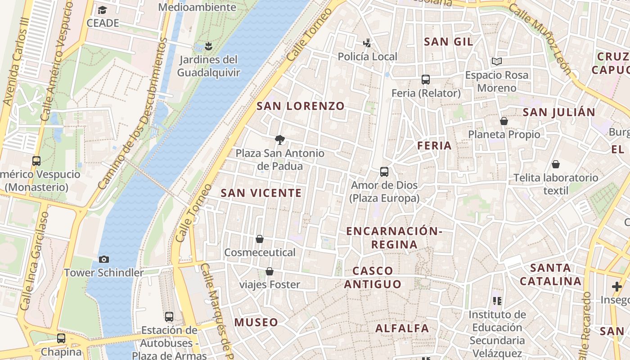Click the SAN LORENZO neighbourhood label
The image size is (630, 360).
tap(301, 106)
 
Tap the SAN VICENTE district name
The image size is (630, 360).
tap(261, 193)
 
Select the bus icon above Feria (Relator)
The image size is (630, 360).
tap(426, 80)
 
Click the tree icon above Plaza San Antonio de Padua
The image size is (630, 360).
tap(280, 139)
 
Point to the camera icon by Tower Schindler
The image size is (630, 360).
tap(104, 259)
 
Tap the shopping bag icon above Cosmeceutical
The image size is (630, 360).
tap(260, 239)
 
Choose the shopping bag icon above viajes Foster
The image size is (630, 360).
tap(270, 271)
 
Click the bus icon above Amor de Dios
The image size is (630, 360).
tap(384, 171)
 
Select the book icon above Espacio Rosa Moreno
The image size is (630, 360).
tap(497, 61)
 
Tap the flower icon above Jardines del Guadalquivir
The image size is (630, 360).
tap(208, 45)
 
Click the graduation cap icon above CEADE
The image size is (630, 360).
tap(103, 10)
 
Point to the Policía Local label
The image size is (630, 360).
tap(367, 57)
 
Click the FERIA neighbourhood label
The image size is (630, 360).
tap(434, 145)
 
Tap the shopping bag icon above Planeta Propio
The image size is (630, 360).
tap(504, 121)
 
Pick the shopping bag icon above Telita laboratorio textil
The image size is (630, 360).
tap(556, 164)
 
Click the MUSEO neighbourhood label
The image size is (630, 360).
tap(256, 322)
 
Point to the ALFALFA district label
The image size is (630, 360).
tap(402, 328)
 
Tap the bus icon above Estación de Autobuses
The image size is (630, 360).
tap(169, 317)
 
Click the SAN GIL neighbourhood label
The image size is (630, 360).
tap(449, 42)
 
